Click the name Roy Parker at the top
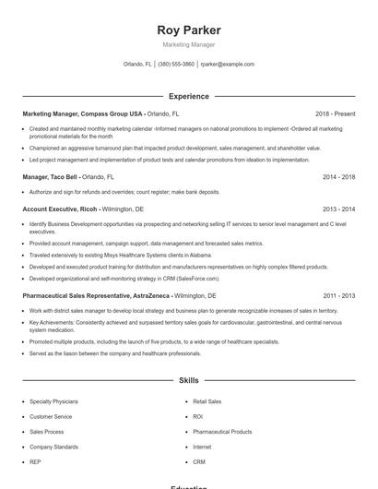[189, 30]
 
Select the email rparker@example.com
[227, 65]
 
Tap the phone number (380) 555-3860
[176, 65]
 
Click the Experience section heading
[189, 96]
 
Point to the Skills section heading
[189, 380]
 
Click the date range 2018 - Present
[335, 113]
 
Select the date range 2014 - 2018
[338, 176]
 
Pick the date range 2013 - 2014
[338, 209]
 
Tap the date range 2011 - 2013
[338, 296]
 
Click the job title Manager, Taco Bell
[51, 176]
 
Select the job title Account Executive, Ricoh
[61, 209]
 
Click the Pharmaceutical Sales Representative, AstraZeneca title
[96, 296]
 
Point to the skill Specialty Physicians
[53, 402]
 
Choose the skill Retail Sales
[207, 402]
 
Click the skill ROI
[198, 417]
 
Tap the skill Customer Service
[52, 417]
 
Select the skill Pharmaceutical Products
[222, 432]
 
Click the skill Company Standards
[53, 447]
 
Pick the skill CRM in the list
[199, 461]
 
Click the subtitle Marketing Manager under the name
[189, 44]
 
